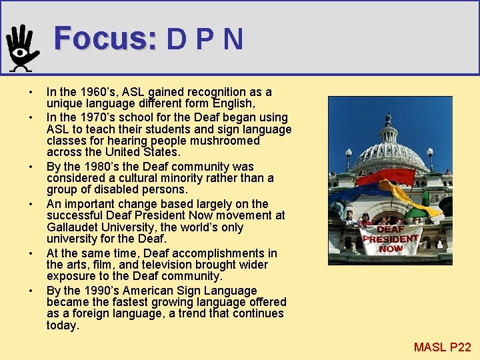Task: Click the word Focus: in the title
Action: [x=105, y=39]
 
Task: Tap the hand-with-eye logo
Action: [x=23, y=48]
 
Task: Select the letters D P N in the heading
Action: [x=205, y=39]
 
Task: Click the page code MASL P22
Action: [x=442, y=347]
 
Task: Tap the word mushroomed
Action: [x=222, y=141]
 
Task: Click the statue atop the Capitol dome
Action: [x=388, y=119]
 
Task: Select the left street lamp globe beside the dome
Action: [x=348, y=153]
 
